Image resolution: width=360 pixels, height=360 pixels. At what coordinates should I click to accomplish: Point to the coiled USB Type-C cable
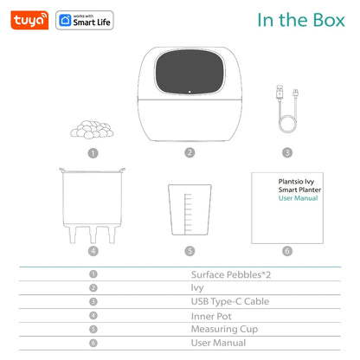pos(286,108)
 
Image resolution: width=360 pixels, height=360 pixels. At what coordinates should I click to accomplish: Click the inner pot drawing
pos(93,205)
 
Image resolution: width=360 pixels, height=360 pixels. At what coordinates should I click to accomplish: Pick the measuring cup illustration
pos(189,209)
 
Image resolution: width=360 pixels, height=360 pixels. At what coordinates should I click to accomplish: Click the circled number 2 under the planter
pos(189,152)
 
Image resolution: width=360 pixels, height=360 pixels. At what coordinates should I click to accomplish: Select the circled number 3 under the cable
pos(286,152)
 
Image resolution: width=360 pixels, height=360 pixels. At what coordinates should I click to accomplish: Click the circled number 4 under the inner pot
pos(93,252)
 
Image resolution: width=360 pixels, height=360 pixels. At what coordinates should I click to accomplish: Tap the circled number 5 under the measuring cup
pos(189,252)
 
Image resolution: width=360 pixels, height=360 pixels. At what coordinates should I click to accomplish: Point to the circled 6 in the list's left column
pos(93,342)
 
